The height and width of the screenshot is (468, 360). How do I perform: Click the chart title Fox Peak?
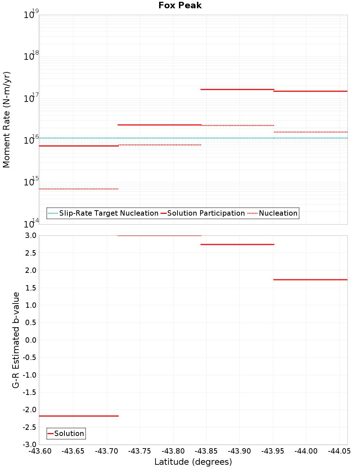(x=180, y=5)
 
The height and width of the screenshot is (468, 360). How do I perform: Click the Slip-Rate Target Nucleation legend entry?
(x=103, y=213)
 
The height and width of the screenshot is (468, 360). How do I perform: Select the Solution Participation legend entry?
(x=203, y=213)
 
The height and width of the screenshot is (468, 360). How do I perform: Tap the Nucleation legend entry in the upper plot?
(x=273, y=213)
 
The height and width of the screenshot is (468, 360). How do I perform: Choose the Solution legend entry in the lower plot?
(x=66, y=433)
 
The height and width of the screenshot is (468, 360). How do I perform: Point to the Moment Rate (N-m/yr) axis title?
(x=6, y=120)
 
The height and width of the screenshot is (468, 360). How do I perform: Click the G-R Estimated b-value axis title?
(x=16, y=340)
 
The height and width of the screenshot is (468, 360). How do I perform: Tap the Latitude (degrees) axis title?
(x=193, y=462)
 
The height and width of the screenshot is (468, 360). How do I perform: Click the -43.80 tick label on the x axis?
(x=173, y=451)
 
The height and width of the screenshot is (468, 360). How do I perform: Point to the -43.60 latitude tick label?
(x=40, y=451)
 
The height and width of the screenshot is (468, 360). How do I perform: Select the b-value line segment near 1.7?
(x=310, y=279)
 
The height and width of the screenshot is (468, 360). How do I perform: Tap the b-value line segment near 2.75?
(x=237, y=244)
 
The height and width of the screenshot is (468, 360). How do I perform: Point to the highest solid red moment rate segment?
(x=237, y=89)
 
